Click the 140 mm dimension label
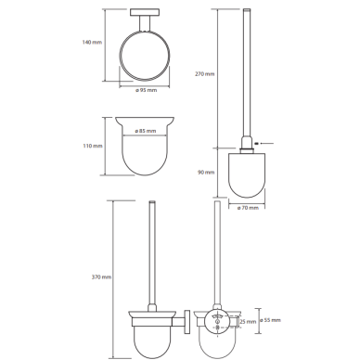(92, 42)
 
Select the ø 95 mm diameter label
(146, 90)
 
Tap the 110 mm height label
(93, 146)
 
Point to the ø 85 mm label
(146, 131)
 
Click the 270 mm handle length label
(204, 74)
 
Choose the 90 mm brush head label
(206, 173)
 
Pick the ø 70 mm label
(248, 208)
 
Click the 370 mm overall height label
(101, 277)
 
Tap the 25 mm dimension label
(248, 322)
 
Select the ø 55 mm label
(270, 320)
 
